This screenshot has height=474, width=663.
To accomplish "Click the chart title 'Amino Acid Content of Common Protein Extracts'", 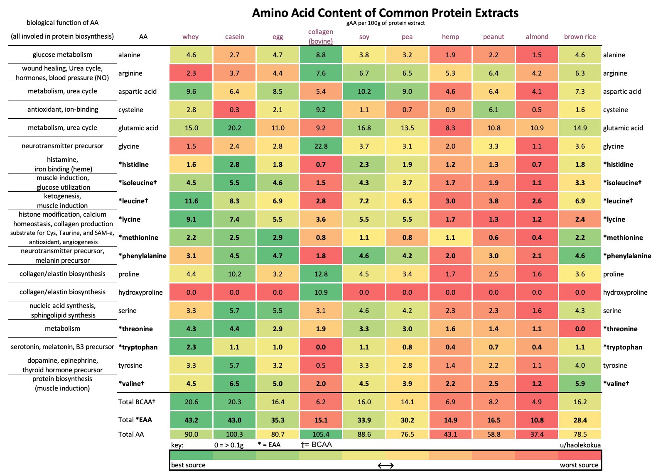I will pos(385,13).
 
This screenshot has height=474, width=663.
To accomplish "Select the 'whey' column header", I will pos(191,37).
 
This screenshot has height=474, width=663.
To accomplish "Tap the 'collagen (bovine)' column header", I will pos(321,36).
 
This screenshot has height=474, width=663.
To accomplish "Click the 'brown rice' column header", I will pos(580,37).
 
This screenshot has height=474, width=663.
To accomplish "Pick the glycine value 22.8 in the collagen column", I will pos(321,146).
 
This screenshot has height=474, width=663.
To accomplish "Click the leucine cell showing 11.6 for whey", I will pos(191,201).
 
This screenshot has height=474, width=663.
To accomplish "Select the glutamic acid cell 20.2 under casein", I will pos(234,128).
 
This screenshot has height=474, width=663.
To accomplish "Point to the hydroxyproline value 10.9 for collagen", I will pos(321,292).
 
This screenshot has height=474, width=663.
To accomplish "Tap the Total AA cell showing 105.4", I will pos(321,434).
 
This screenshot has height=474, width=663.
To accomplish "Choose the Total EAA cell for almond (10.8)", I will pos(537,420).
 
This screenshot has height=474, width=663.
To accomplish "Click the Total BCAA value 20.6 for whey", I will pos(191,402).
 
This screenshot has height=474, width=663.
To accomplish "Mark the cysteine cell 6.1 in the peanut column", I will pos(494,110).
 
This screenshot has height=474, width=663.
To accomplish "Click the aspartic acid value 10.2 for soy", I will pos(364,91).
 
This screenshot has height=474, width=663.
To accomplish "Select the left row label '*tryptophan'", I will pos(138,347).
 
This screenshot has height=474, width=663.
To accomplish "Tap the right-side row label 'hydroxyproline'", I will pos(625,292).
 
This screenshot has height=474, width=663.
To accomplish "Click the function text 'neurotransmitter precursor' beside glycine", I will pos(62,146).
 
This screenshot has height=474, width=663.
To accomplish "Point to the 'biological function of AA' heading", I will pos(62,22).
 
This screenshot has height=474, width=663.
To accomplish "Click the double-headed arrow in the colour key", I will pos(386,465).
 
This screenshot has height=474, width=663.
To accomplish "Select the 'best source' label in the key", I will pos(188,465).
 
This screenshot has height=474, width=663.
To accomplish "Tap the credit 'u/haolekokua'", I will pos(580,445).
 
